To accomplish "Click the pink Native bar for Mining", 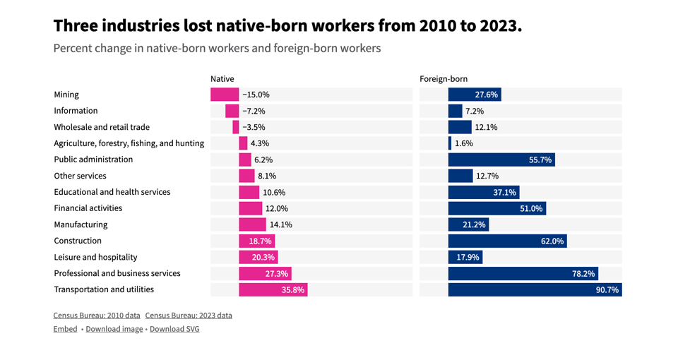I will pos(225,95).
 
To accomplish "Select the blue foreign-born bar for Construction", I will pos(507,241).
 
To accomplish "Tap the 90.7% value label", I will pos(607,289).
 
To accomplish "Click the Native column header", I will pos(222,79).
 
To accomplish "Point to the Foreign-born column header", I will pos(444,79).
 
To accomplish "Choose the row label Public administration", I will pos(93,160).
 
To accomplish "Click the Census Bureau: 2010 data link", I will pos(97,316).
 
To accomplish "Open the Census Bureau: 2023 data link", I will pos(189,316).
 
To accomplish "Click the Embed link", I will pos(65,329).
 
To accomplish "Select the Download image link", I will pos(114,329).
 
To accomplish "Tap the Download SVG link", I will pos(174,329).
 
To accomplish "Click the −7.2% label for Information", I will pos(254,111).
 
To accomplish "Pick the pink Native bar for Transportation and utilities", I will pos(273,289).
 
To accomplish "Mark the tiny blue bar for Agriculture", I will pos(450,143).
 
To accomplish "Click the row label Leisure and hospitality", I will pos(95,257).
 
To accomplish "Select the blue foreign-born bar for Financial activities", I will pos(496,208).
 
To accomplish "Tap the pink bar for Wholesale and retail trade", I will pos(236,127).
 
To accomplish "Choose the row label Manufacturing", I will pos(81,224).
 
